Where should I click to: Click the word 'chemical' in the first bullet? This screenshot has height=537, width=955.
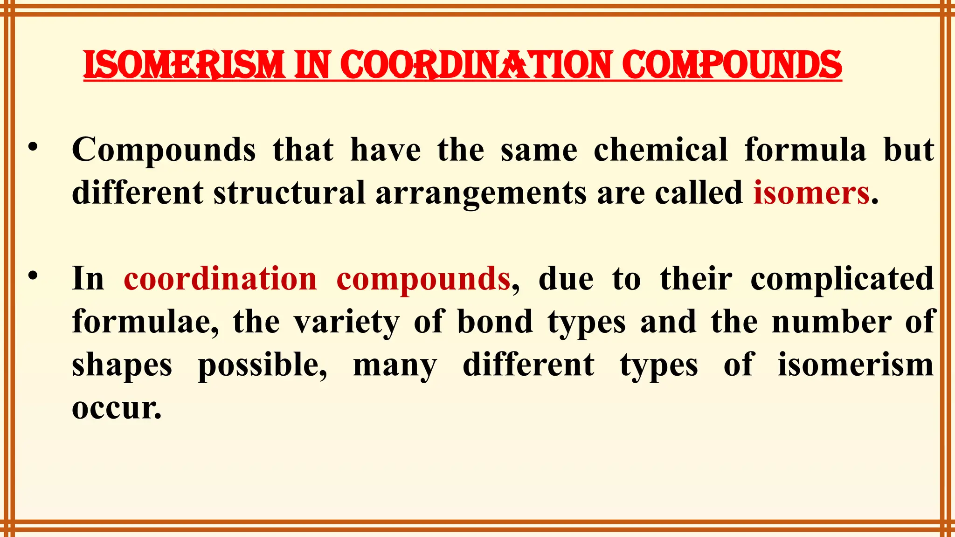click(x=660, y=150)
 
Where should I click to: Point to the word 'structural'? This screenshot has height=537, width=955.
click(x=289, y=193)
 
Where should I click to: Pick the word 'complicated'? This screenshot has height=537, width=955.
click(x=842, y=279)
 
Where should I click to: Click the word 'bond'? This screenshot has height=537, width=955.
click(x=495, y=322)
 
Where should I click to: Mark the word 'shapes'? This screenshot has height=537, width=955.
click(x=122, y=365)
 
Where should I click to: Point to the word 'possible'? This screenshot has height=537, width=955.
click(x=262, y=365)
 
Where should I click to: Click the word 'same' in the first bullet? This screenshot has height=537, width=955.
click(x=539, y=150)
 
